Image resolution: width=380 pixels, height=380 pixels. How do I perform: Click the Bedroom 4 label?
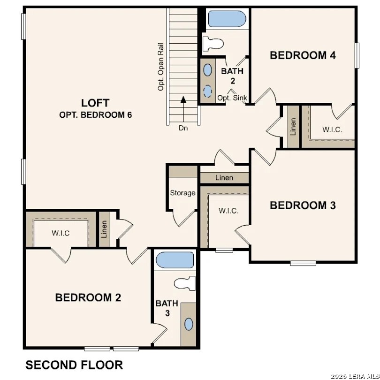(303, 55)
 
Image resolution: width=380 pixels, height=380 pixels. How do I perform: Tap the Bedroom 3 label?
(303, 205)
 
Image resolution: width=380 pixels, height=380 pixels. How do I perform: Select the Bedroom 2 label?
(88, 297)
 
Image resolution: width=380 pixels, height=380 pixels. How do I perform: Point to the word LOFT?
(95, 103)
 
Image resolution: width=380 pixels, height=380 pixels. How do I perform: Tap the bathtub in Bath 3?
(175, 260)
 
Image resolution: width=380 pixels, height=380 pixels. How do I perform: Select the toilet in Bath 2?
(212, 44)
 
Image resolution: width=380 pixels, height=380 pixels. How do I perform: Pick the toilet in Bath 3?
(184, 283)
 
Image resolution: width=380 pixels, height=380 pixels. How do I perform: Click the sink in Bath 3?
(189, 324)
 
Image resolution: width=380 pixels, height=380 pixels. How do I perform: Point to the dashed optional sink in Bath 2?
(207, 90)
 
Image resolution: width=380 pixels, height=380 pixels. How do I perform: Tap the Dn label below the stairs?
(183, 128)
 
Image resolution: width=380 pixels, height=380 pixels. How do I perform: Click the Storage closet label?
(182, 193)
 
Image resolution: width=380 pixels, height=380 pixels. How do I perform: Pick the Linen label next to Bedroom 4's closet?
(293, 127)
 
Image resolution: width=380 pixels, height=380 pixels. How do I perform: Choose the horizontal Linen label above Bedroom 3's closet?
(224, 178)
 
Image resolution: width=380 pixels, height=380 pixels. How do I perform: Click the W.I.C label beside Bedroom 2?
(61, 233)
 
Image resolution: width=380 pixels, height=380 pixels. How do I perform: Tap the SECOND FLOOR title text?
(74, 365)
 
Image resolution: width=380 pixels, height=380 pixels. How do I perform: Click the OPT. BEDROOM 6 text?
(95, 115)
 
